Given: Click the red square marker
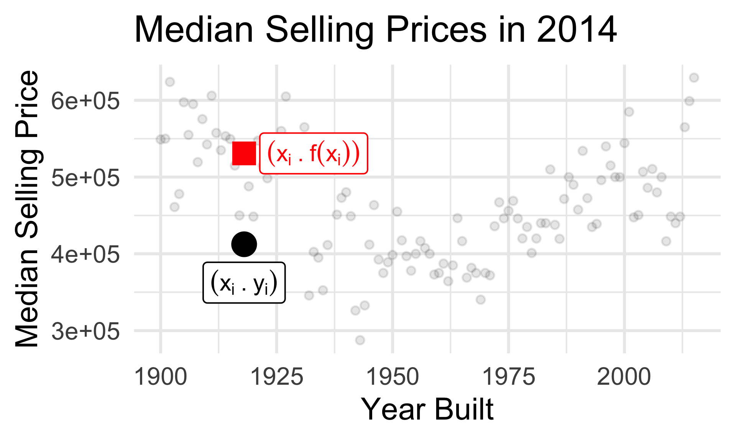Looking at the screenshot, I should coord(244,153).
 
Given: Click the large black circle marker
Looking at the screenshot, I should coord(244,244).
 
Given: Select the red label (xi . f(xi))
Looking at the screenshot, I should coord(314,154).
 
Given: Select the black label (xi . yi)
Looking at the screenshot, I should coord(244,283).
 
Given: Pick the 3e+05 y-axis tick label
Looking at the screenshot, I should coord(85,331).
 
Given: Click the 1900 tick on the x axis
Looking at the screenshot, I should coord(161,377).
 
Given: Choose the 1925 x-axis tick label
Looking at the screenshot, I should coord(276,377).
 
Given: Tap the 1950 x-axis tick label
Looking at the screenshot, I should coord(393,377).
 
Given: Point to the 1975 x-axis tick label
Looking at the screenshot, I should coord(508,377).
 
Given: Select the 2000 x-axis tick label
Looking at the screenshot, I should coord(624,377).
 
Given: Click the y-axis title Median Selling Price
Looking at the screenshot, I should coord(27,209).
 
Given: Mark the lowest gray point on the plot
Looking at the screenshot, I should coord(360,340).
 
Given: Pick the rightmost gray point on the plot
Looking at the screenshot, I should coord(694,78).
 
